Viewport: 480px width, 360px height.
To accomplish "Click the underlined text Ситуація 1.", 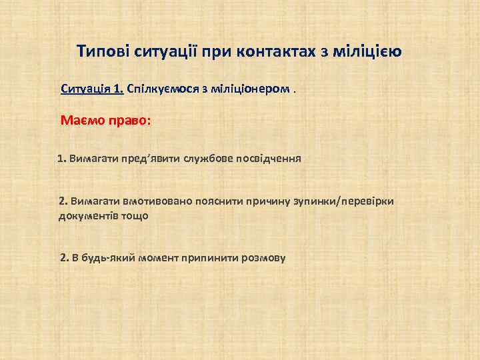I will click(x=92, y=89).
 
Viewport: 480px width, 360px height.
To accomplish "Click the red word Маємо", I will click(x=83, y=121).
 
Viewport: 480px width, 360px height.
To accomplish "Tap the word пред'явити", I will click(x=142, y=159).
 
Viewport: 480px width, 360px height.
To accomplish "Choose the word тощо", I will click(x=135, y=216).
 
